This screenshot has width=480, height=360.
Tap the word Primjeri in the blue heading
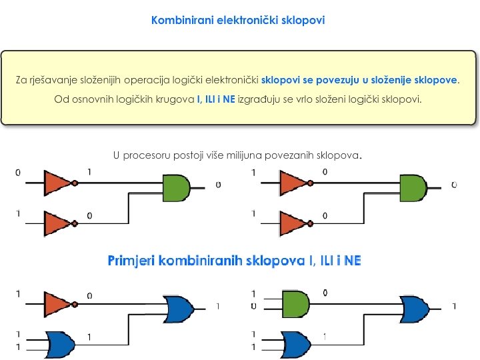pyautogui.click(x=132, y=261)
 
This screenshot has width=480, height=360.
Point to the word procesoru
pyautogui.click(x=155, y=155)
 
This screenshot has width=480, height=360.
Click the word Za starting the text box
pyautogui.click(x=21, y=80)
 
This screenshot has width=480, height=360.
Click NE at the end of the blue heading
pyautogui.click(x=353, y=261)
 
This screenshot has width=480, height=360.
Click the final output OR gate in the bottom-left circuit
pyautogui.click(x=179, y=309)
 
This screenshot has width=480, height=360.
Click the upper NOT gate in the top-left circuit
pyautogui.click(x=59, y=182)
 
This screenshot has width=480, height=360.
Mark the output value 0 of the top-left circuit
pyautogui.click(x=218, y=185)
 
